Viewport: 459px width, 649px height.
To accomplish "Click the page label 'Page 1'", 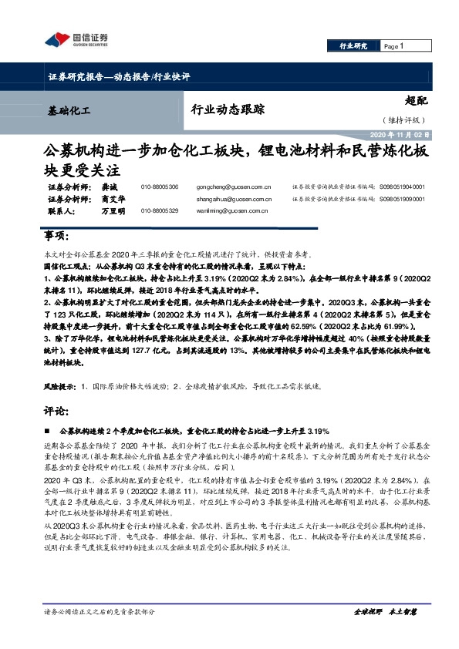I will (393, 46).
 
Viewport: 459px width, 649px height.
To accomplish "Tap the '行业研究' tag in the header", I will (354, 46).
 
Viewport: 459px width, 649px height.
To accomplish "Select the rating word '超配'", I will (417, 99).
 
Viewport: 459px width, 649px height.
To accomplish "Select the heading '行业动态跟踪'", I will (221, 109).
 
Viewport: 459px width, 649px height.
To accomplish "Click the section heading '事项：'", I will (57, 235).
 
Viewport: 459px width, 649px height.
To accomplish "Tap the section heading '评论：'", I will (57, 410).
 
